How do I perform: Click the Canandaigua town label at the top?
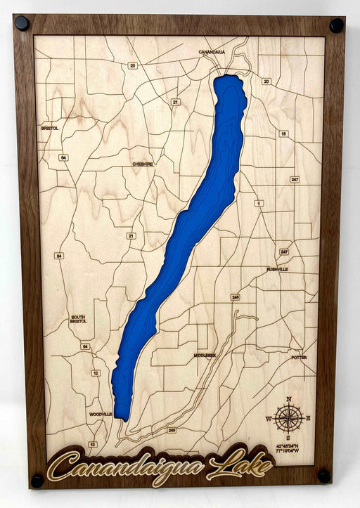212,52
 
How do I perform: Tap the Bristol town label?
50,129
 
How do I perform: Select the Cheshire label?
143,164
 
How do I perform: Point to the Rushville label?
278,269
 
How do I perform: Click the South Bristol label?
78,319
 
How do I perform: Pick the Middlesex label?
205,356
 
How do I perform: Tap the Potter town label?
299,358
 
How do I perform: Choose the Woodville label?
101,415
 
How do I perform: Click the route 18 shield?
283,133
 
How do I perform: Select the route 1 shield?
259,203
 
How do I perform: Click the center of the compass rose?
288,419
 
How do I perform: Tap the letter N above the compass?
288,400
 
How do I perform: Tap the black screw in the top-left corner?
22,22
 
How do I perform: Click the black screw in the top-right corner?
337,25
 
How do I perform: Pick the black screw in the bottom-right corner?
324,476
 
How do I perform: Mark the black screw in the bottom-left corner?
37,481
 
